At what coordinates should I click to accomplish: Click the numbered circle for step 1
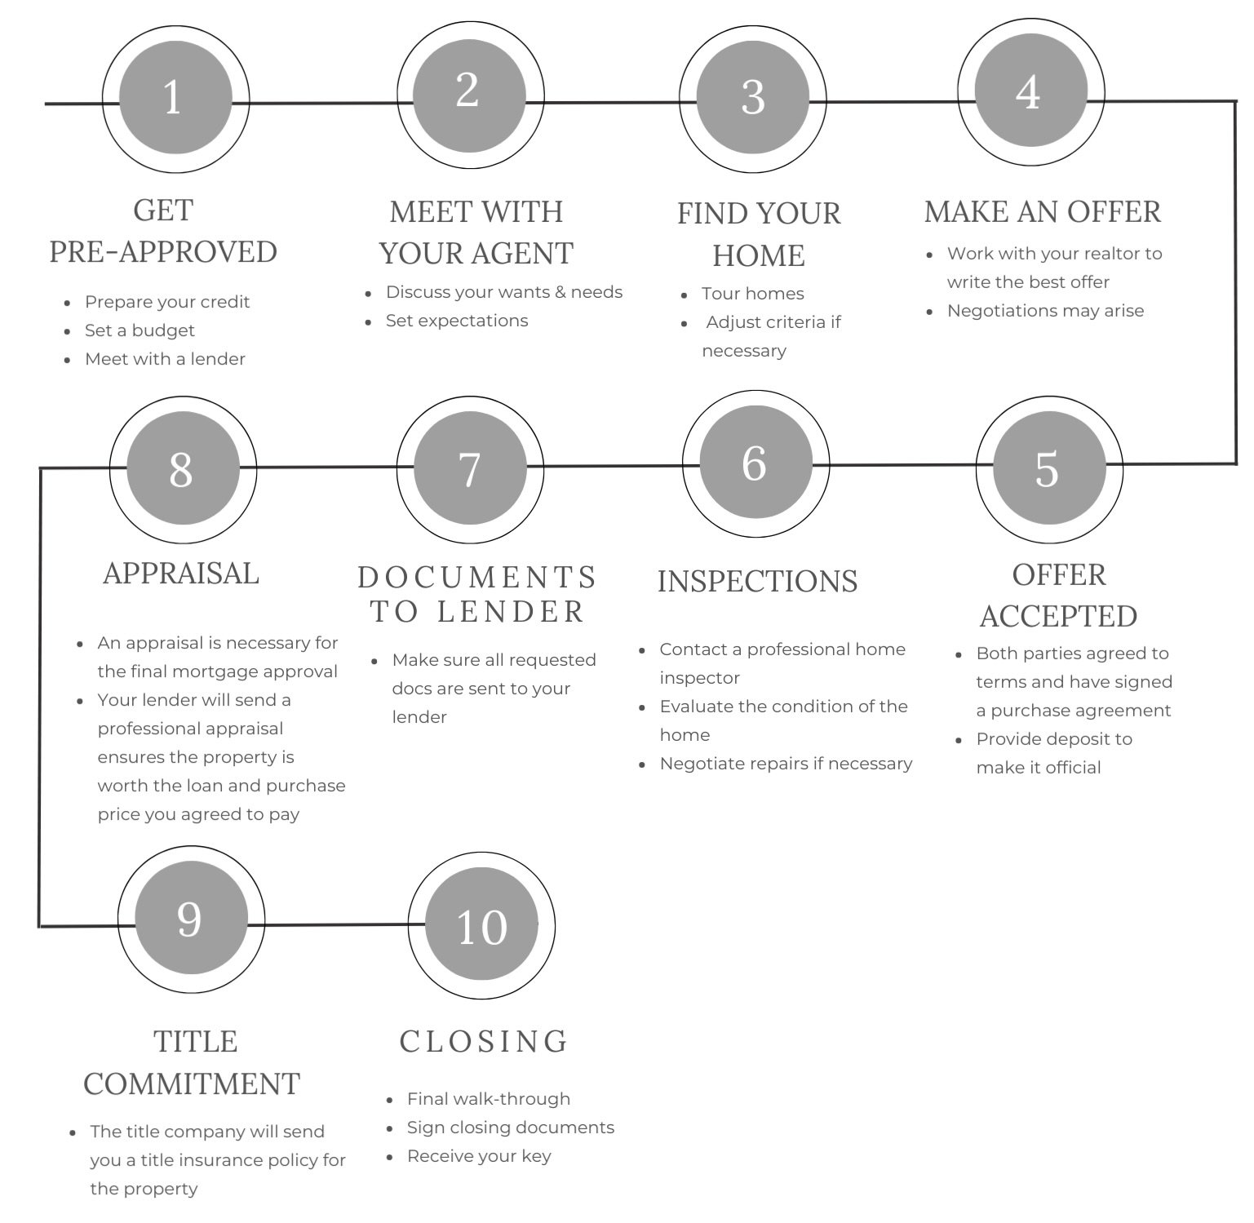[175, 99]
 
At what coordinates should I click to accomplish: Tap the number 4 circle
[1030, 92]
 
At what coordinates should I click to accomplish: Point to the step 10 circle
[481, 926]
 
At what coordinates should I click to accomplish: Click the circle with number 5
[1049, 468]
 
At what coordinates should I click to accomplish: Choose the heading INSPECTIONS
[757, 582]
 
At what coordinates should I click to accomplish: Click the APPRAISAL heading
[181, 573]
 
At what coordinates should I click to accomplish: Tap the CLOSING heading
[484, 1041]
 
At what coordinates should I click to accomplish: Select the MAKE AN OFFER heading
[1042, 211]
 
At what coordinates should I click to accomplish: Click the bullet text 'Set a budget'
[140, 330]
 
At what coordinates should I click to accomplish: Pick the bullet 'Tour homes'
[752, 294]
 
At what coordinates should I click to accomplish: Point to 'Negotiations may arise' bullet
[1045, 311]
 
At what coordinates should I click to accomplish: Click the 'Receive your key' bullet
[479, 1156]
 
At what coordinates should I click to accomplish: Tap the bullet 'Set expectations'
[457, 321]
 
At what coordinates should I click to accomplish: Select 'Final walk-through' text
[489, 1099]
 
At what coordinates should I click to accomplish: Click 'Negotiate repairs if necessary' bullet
[786, 764]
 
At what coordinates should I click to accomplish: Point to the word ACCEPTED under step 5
[1058, 616]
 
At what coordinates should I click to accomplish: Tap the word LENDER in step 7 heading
[511, 612]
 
